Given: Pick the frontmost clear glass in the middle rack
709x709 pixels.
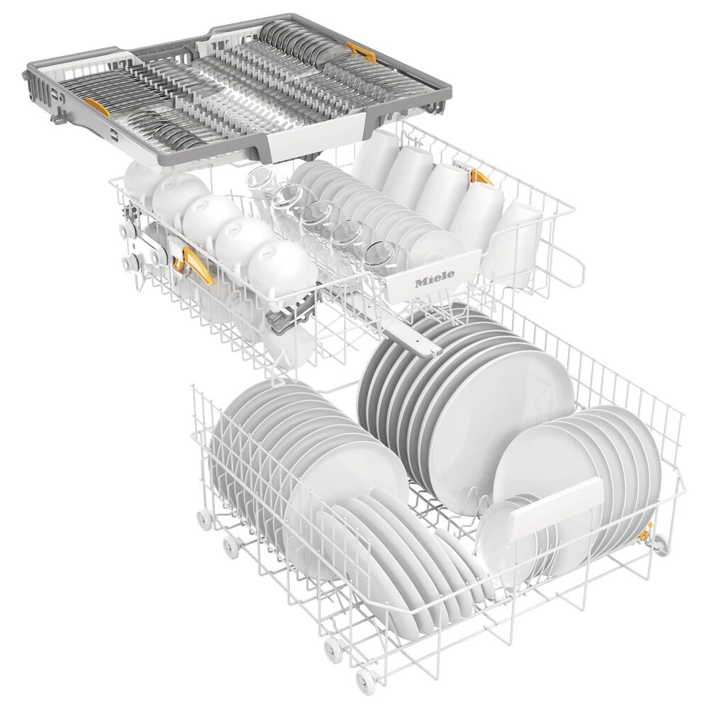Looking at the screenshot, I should pos(381,254).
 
